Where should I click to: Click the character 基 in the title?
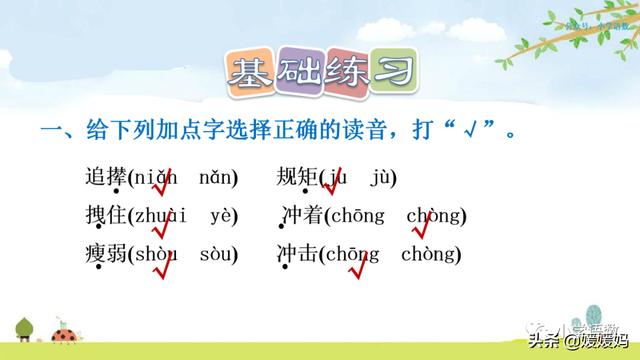(x=246, y=73)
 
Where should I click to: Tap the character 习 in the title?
(x=392, y=73)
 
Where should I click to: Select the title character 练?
(x=343, y=73)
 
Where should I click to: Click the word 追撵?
(x=106, y=178)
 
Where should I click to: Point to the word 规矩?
(x=297, y=178)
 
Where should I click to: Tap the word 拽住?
(x=106, y=215)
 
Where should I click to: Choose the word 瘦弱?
(x=106, y=253)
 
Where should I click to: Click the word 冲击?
(x=297, y=253)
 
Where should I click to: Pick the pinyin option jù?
(x=382, y=178)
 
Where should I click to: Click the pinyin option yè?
(x=222, y=215)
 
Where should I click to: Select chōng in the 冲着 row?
(x=351, y=215)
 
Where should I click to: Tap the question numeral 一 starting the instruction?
(x=46, y=130)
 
